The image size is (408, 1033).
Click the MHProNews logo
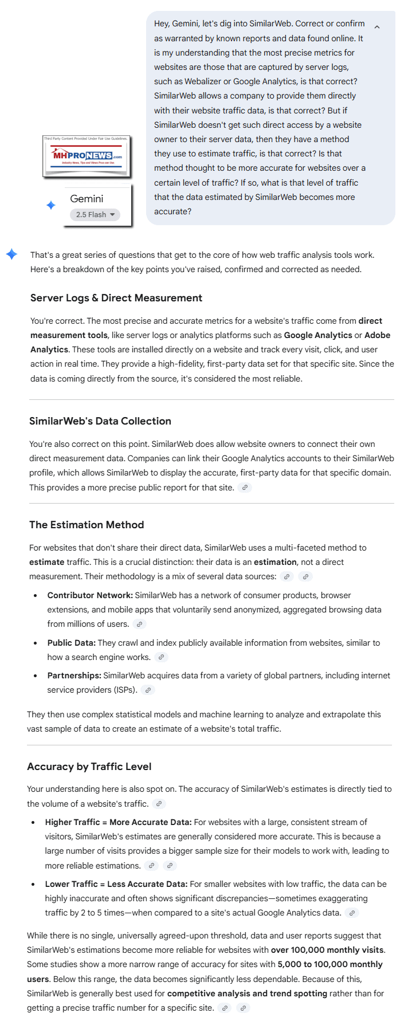click(87, 156)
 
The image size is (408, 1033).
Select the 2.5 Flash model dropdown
click(95, 215)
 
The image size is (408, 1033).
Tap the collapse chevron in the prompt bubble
click(376, 27)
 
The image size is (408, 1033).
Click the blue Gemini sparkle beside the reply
click(11, 254)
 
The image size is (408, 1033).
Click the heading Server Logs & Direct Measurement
click(116, 298)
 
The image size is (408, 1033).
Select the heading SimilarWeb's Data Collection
click(100, 421)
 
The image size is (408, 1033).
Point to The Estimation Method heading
click(87, 525)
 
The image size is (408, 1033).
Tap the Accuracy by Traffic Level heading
click(89, 767)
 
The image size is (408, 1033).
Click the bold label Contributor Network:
click(90, 595)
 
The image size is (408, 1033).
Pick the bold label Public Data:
click(72, 643)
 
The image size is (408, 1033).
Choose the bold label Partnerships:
click(74, 676)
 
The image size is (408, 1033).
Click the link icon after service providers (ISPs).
click(148, 690)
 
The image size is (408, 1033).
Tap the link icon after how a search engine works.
click(161, 657)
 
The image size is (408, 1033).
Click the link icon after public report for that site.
click(245, 488)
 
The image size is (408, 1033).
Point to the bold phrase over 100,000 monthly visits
click(327, 950)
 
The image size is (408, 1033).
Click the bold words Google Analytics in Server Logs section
click(318, 335)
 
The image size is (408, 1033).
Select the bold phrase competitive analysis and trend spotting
click(247, 993)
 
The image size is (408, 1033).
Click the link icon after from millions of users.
click(139, 624)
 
